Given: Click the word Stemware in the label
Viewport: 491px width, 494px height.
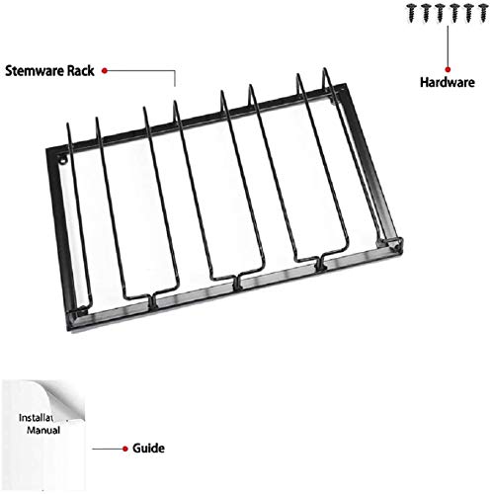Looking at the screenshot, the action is pyautogui.click(x=36, y=71).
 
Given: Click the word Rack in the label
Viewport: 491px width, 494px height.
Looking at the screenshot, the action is pyautogui.click(x=81, y=71).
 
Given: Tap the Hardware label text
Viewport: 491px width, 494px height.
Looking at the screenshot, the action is pyautogui.click(x=448, y=82).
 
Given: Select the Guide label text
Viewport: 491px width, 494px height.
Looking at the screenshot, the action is pyautogui.click(x=148, y=449).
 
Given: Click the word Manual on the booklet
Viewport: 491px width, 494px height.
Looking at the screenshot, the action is pyautogui.click(x=43, y=430).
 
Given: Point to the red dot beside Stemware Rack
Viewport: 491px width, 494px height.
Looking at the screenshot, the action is pyautogui.click(x=105, y=70).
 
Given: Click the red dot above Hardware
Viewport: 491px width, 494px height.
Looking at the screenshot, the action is pyautogui.click(x=448, y=69).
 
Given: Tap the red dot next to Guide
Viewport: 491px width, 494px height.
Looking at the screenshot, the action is pyautogui.click(x=125, y=449).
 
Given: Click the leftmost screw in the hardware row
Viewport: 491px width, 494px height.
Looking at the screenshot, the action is pyautogui.click(x=412, y=13).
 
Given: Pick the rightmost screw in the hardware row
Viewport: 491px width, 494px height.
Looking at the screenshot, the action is pyautogui.click(x=483, y=13).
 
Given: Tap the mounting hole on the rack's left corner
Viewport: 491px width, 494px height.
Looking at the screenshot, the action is pyautogui.click(x=62, y=160).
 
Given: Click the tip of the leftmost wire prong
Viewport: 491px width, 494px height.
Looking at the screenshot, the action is pyautogui.click(x=68, y=124).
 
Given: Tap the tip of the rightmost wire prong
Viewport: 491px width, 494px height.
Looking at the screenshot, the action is pyautogui.click(x=325, y=69).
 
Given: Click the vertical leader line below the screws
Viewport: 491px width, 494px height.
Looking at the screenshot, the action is pyautogui.click(x=448, y=46).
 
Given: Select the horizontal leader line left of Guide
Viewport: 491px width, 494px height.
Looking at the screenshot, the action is pyautogui.click(x=108, y=449).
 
